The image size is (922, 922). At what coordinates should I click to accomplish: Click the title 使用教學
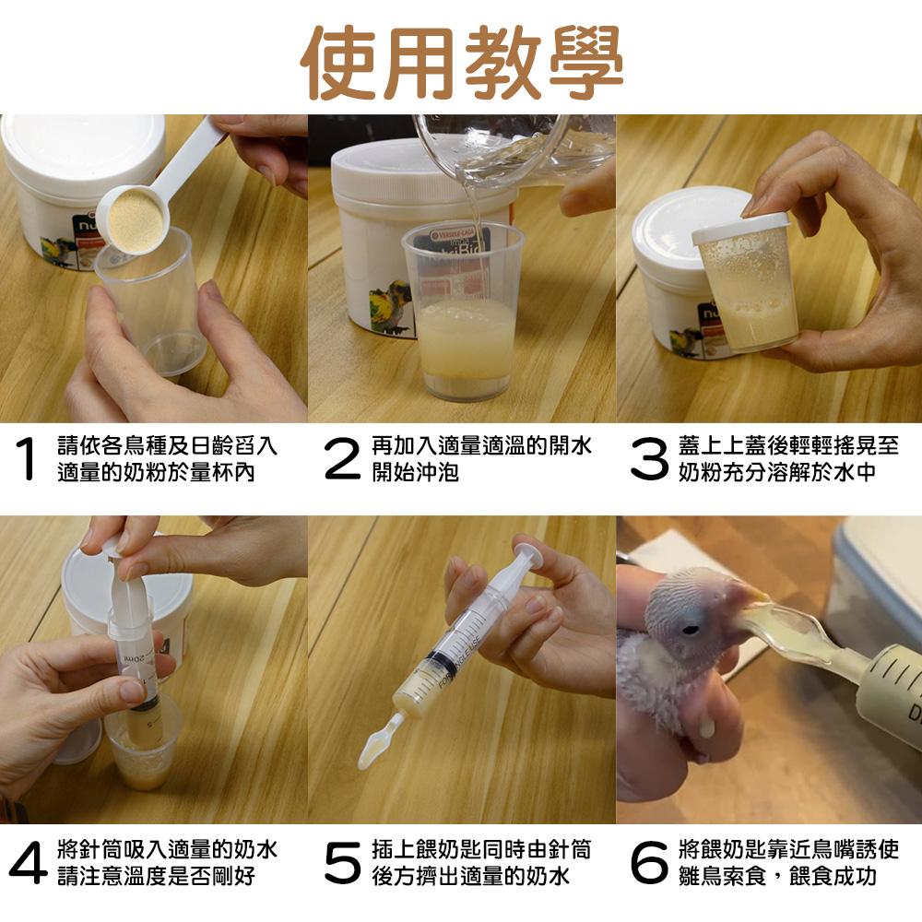(461, 63)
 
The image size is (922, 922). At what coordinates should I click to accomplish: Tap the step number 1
(27, 458)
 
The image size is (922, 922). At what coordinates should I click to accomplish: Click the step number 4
(28, 862)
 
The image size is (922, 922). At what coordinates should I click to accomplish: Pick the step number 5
(342, 863)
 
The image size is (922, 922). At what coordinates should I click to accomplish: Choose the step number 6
(649, 863)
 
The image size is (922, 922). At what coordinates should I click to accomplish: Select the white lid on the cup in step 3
(741, 230)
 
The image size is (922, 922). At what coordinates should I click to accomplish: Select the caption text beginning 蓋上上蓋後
(788, 459)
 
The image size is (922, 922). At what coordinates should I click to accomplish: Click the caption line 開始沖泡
(415, 472)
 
